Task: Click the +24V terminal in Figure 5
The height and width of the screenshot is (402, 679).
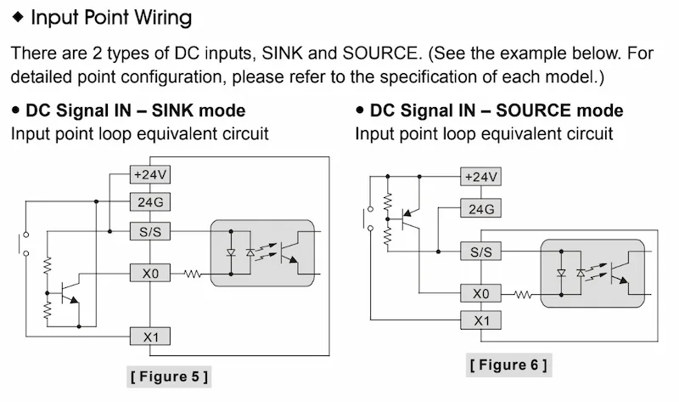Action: coord(150,174)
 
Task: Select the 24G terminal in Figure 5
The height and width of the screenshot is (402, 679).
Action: coord(150,202)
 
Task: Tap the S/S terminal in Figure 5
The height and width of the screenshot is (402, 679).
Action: coord(150,231)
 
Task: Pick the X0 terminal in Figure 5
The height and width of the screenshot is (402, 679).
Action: coord(150,274)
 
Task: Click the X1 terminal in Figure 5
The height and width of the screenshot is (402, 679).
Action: coord(150,337)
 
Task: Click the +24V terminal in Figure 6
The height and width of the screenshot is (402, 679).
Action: coord(480,177)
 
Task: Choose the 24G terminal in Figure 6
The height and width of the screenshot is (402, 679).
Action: coord(480,208)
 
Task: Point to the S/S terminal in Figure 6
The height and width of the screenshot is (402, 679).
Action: coord(480,252)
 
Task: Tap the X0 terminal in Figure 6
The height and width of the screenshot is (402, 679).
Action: coord(480,294)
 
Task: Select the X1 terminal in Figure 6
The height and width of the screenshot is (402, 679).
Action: coord(480,320)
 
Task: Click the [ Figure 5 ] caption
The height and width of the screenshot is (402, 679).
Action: coord(169,375)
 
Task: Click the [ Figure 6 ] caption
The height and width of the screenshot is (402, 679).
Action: coord(508,365)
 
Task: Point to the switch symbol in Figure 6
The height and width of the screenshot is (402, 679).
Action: coord(368,218)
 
